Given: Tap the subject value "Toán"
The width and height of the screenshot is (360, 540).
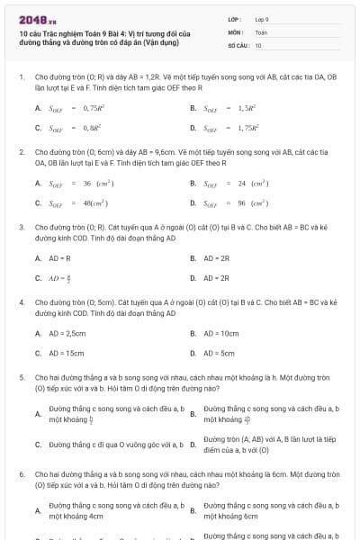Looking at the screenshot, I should pos(261,31).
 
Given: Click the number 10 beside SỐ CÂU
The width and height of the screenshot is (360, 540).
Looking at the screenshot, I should pos(258,44).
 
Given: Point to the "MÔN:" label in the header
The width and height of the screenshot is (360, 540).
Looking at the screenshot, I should pos(235,31).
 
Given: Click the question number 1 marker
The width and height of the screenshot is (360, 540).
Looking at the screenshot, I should pos(21,77).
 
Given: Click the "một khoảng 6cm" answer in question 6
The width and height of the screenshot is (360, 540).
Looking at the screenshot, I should pos(231,517).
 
